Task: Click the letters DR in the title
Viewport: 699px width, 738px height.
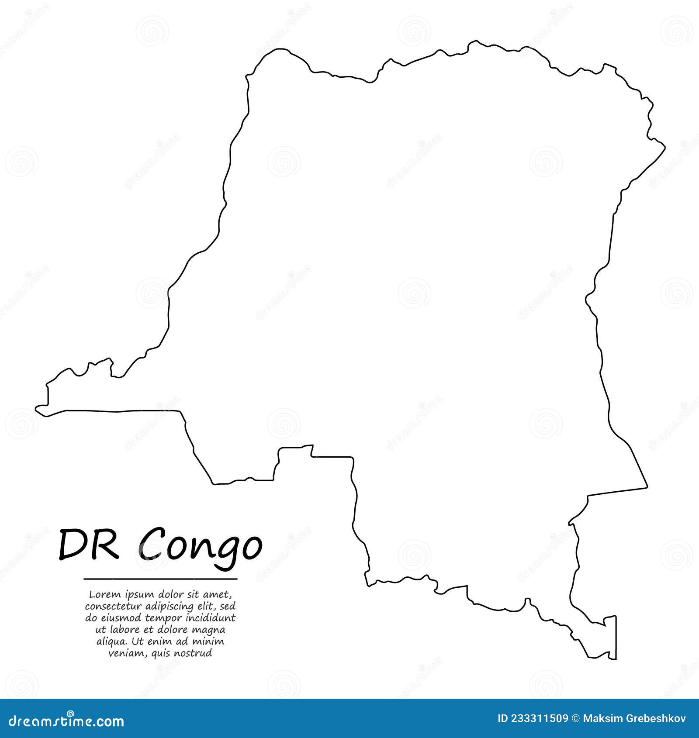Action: (88, 545)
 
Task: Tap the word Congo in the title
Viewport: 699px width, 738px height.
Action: (201, 546)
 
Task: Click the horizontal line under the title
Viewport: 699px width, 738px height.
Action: (160, 579)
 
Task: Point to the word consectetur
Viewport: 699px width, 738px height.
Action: (113, 606)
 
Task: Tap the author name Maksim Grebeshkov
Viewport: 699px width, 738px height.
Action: (634, 718)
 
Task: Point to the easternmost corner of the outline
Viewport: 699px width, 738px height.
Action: (664, 147)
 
